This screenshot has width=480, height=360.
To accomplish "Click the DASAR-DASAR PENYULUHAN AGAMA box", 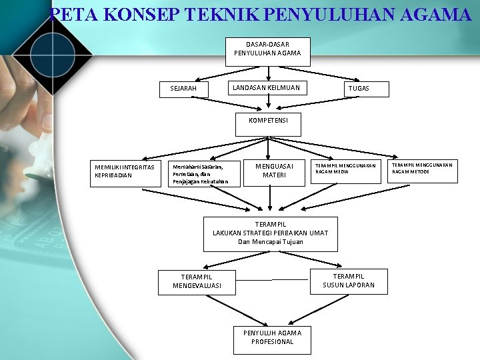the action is (x=267, y=49).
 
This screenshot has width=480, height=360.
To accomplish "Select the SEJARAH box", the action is (x=189, y=89).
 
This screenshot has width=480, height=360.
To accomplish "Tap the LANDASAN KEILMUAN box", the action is (x=265, y=87).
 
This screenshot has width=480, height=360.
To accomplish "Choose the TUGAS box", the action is (x=358, y=89).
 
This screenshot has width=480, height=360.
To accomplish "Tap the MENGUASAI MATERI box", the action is (x=275, y=170).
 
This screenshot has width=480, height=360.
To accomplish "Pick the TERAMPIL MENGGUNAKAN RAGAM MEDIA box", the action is (x=346, y=168).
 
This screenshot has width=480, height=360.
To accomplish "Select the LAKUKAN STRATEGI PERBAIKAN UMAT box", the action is (x=270, y=233).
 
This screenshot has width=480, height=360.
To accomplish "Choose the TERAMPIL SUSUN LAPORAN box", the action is (x=349, y=281).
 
